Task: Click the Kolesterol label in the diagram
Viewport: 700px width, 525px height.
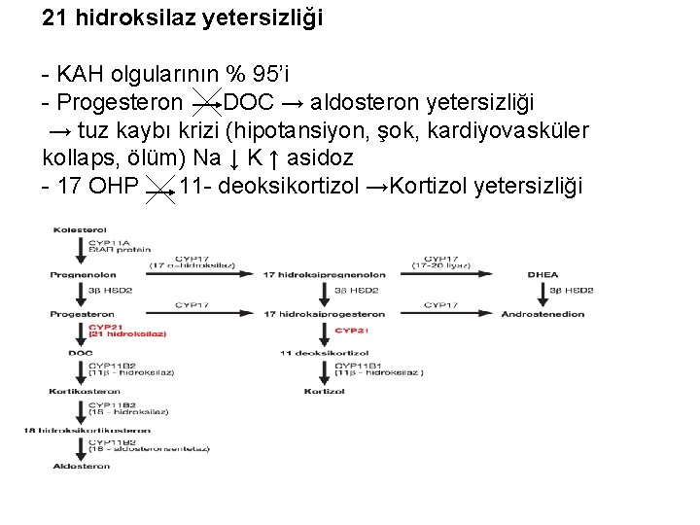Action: tap(79, 229)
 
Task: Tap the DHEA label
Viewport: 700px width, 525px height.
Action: tap(543, 274)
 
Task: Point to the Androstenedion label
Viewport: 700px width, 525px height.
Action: tap(543, 314)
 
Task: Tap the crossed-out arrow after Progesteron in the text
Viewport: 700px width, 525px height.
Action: tap(206, 103)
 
